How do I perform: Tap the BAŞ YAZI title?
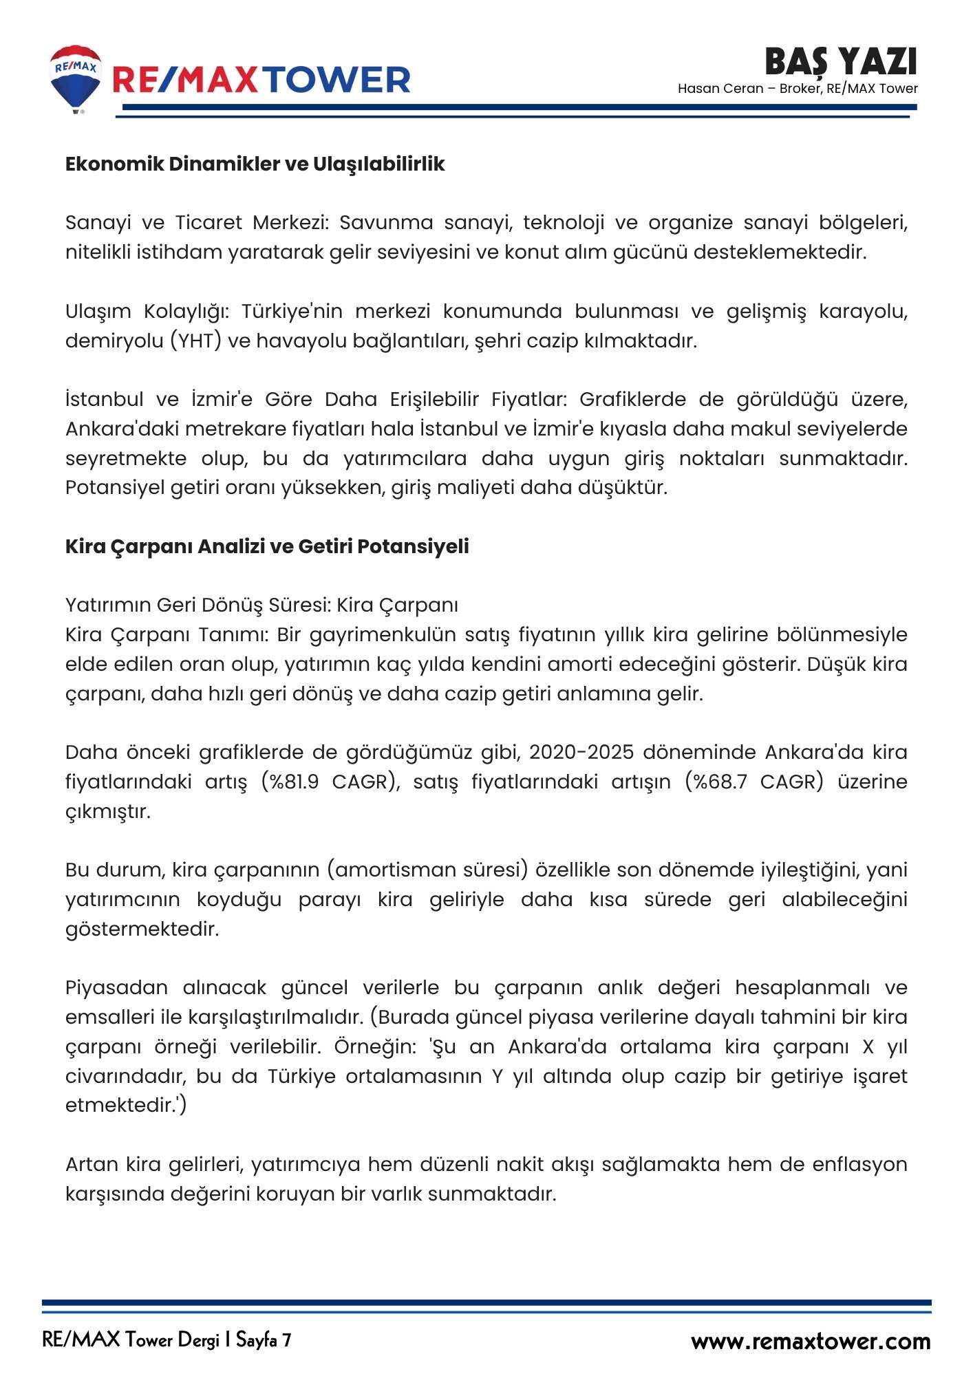840,62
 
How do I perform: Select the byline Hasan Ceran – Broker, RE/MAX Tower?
798,89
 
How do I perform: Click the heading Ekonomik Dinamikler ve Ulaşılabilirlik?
255,164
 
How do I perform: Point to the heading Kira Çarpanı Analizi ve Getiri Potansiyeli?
267,546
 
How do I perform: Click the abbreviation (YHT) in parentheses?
196,341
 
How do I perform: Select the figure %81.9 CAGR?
330,782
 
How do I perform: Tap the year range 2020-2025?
581,752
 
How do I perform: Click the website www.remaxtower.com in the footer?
811,1341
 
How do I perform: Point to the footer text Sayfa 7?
264,1340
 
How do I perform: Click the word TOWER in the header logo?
338,80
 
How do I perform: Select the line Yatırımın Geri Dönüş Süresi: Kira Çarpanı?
261,605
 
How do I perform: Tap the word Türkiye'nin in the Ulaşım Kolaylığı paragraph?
292,311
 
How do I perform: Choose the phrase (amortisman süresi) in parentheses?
427,870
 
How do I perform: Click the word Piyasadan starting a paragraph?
116,987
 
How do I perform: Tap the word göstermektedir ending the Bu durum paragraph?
142,929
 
